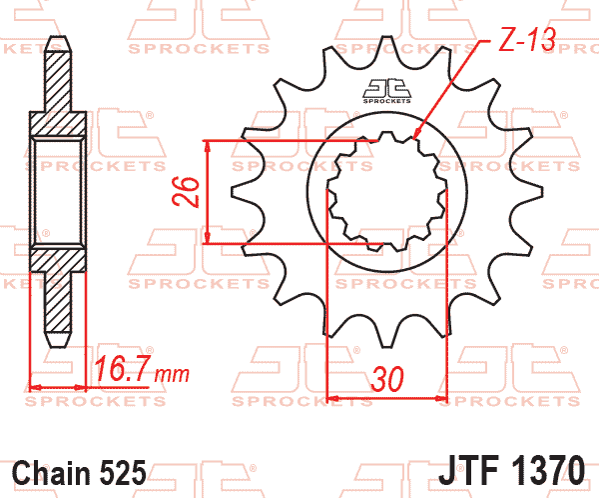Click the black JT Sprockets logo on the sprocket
coord(385,89)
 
